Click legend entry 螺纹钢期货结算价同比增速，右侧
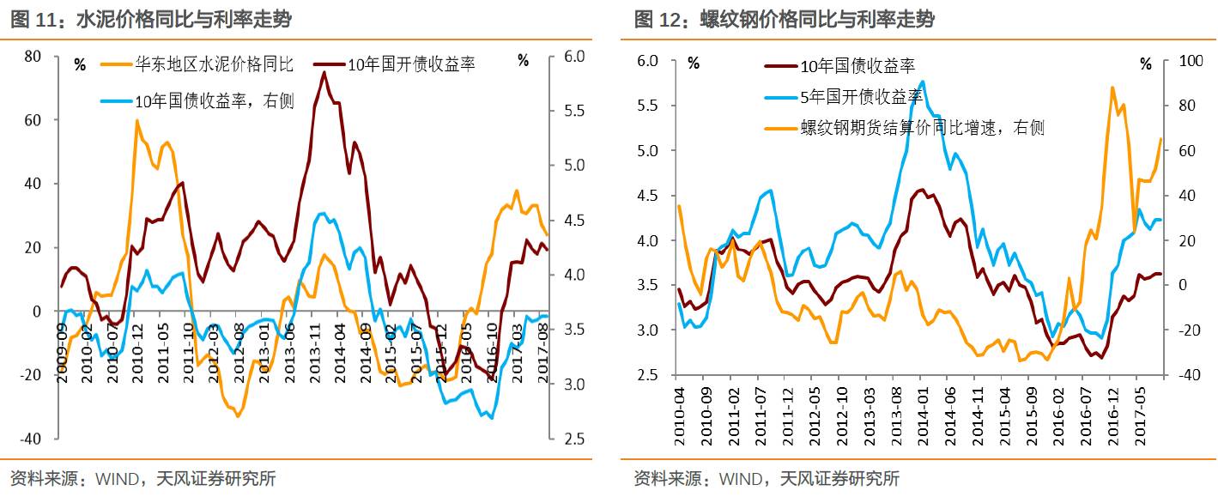coord(923,128)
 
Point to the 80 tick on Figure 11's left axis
coord(33,57)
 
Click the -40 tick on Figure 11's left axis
coord(31,439)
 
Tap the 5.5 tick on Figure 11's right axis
coord(574,112)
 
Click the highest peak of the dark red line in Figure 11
coord(324,72)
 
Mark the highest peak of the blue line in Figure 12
coord(922,82)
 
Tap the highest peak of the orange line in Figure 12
coord(1112,88)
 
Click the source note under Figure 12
coord(767,479)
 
